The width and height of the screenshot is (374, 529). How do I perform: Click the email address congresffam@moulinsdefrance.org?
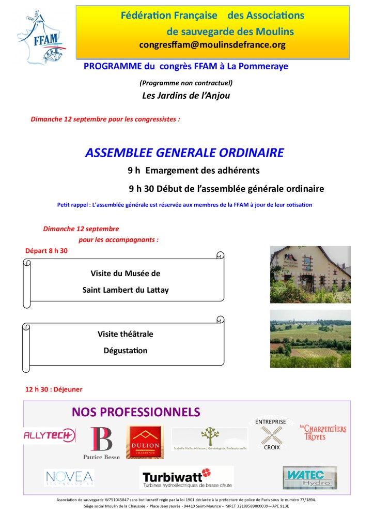212,45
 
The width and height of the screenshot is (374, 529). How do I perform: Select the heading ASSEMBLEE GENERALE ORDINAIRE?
184,153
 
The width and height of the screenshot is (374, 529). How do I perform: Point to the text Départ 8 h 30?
46,251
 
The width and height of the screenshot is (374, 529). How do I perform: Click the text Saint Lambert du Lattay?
126,290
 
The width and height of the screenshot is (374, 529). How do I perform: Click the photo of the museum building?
310,275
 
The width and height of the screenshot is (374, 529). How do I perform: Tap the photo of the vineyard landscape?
310,339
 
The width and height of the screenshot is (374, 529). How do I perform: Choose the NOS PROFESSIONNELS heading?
136,412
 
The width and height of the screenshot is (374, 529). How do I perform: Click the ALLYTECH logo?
50,435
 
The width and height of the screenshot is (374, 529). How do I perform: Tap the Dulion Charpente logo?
145,442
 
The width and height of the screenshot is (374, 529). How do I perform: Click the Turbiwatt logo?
186,477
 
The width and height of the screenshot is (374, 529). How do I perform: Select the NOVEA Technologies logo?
69,478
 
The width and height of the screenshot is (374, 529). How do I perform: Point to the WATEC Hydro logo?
309,477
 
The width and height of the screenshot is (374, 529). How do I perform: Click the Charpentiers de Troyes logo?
323,432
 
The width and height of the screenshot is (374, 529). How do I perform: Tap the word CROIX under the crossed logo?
272,448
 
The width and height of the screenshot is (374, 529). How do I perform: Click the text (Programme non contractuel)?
186,82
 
